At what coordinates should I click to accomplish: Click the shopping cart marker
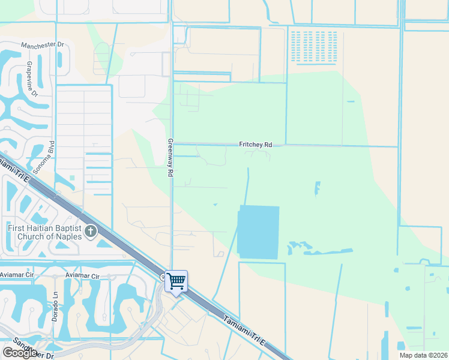click(176, 281)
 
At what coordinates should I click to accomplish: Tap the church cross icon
click(91, 231)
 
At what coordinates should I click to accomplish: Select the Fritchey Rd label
click(256, 145)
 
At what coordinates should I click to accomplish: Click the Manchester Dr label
click(42, 45)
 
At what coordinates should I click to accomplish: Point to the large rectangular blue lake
click(259, 232)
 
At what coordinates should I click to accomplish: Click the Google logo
click(20, 353)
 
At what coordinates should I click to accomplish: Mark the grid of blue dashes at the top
click(314, 47)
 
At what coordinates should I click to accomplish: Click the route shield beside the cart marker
click(163, 277)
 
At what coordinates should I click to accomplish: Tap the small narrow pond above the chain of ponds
click(317, 189)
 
